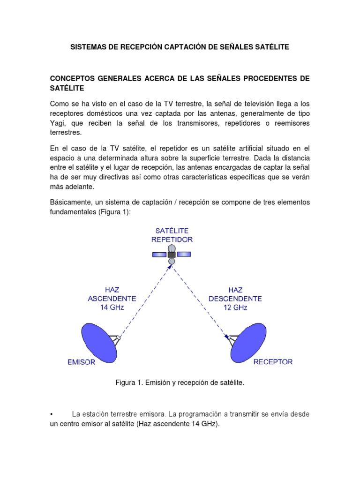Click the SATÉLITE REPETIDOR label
tap(172, 235)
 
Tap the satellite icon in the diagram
tap(172, 254)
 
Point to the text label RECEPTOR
tap(273, 362)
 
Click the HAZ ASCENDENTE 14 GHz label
tap(112, 299)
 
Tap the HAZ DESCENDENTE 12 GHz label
tap(235, 299)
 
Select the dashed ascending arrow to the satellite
tap(145, 300)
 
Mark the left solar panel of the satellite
tap(159, 254)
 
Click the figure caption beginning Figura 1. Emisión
tap(180, 383)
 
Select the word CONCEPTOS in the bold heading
tap(74, 78)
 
